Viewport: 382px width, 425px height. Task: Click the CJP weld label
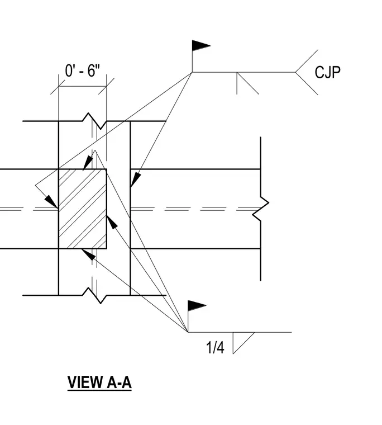pyautogui.click(x=327, y=72)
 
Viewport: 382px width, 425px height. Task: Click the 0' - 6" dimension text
pyautogui.click(x=82, y=70)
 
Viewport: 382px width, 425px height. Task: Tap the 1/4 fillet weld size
pyautogui.click(x=215, y=347)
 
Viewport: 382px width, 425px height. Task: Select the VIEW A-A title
pyautogui.click(x=99, y=382)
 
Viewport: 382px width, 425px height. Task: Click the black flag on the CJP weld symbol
pyautogui.click(x=201, y=46)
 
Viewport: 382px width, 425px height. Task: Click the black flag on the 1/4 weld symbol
pyautogui.click(x=197, y=306)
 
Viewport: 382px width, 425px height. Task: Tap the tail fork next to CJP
pyautogui.click(x=307, y=72)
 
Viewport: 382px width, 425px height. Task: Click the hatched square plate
pyautogui.click(x=83, y=209)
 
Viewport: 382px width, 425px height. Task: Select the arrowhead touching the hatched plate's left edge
pyautogui.click(x=52, y=202)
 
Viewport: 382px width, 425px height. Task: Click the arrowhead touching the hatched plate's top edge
pyautogui.click(x=88, y=162)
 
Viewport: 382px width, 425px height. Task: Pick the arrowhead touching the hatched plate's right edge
pyautogui.click(x=112, y=222)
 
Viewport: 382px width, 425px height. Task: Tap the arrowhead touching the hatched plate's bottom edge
pyautogui.click(x=88, y=254)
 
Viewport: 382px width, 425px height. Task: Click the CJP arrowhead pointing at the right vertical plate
pyautogui.click(x=136, y=180)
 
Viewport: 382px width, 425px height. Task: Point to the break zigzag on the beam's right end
pyautogui.click(x=260, y=209)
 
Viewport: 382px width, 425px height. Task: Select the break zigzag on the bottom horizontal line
pyautogui.click(x=94, y=295)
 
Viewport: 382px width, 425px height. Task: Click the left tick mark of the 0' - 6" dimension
pyautogui.click(x=59, y=87)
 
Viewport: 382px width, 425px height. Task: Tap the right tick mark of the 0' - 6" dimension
pyautogui.click(x=107, y=87)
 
